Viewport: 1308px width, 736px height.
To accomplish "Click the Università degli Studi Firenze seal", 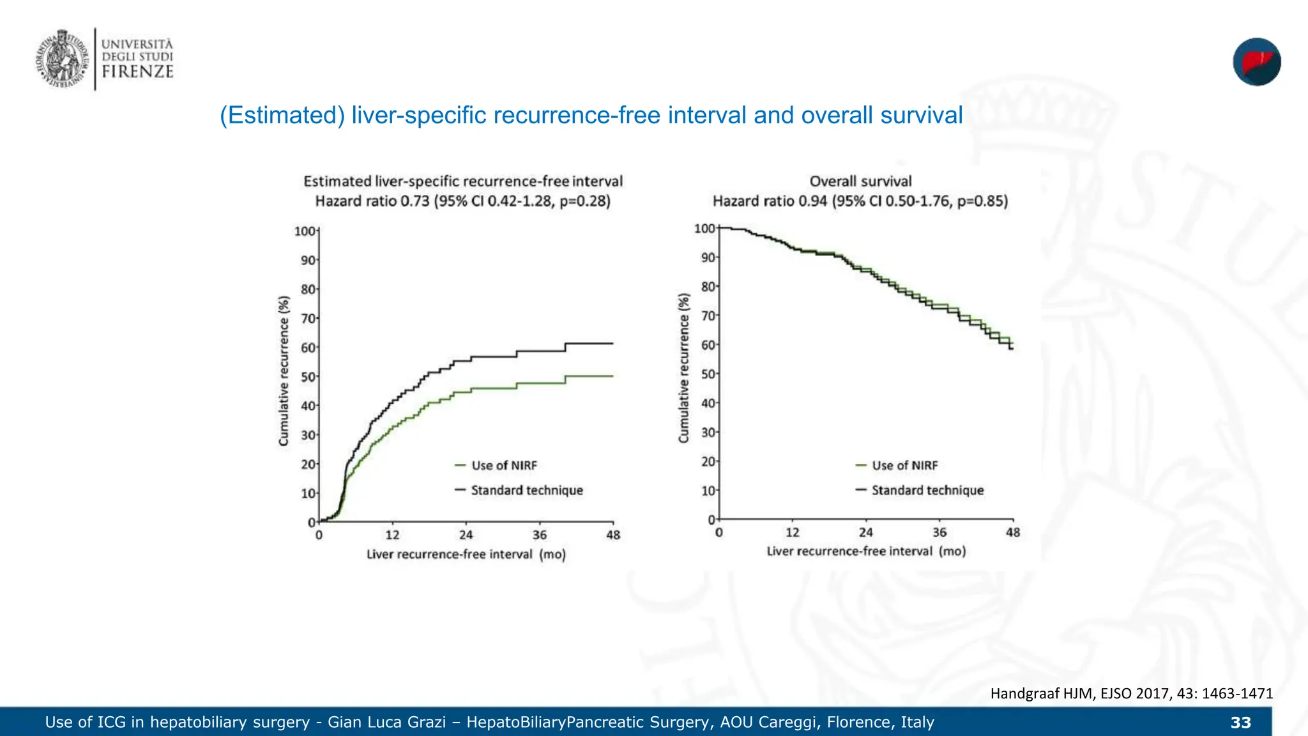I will pos(62,59).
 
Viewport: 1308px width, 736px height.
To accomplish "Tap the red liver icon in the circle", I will pos(1256,62).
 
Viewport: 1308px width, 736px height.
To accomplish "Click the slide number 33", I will pos(1240,723).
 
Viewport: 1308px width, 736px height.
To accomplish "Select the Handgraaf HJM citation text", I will pos(1131,693).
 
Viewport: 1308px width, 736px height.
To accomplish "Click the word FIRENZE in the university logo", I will pos(137,72).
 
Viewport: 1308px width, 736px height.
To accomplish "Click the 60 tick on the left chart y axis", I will pos(308,348).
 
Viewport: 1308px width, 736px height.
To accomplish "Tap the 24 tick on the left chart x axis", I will pos(466,535).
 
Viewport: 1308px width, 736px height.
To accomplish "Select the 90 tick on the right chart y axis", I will pos(708,257).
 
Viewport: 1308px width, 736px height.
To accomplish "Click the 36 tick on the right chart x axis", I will pos(939,533).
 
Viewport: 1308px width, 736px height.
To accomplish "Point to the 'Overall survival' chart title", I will pos(860,181).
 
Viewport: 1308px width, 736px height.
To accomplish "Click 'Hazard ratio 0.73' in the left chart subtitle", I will pos(372,201).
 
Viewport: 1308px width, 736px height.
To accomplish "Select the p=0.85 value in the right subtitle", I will pos(982,201).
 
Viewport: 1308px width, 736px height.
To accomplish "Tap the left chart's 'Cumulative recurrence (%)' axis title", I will pos(284,371).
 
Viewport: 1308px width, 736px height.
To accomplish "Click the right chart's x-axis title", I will pos(866,551).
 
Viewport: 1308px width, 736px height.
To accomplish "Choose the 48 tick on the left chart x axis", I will pos(613,535).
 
